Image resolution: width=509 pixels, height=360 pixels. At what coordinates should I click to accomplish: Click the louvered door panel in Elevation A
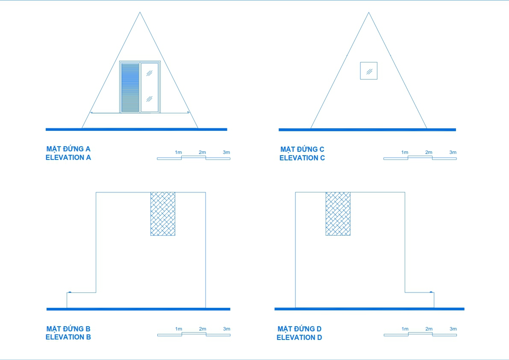130,88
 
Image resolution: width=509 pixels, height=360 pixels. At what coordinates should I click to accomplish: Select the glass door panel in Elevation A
150,88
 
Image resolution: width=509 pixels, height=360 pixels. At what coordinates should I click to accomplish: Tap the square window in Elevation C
368,71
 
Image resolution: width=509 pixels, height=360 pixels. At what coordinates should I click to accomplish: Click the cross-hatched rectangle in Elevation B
163,214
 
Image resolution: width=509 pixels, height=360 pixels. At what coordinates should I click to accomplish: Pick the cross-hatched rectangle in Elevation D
338,214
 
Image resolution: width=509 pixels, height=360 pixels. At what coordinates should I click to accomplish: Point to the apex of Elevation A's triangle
140,12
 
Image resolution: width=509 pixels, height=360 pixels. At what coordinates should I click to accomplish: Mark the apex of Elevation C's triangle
368,12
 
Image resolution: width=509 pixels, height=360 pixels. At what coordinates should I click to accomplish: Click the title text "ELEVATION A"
68,157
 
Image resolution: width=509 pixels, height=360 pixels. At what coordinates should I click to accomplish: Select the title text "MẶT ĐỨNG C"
302,149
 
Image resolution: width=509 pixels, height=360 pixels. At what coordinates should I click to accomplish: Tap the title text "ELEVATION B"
68,337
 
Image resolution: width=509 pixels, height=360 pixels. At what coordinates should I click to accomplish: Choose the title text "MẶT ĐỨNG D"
300,329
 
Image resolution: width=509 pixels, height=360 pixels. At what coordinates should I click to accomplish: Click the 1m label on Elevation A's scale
179,152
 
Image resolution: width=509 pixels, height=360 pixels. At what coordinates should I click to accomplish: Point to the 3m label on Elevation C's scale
453,152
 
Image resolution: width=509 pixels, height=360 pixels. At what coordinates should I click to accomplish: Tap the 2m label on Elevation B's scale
203,329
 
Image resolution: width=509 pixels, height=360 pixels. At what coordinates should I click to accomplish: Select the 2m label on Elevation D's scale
429,329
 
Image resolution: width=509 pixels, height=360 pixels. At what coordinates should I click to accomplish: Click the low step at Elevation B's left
81,300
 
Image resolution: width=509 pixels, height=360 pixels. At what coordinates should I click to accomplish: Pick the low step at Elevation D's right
419,300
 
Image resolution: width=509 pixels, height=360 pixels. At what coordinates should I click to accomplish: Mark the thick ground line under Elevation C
367,130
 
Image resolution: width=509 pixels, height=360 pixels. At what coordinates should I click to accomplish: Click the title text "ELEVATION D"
300,337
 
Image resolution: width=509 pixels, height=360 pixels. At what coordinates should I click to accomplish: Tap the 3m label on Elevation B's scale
227,329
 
